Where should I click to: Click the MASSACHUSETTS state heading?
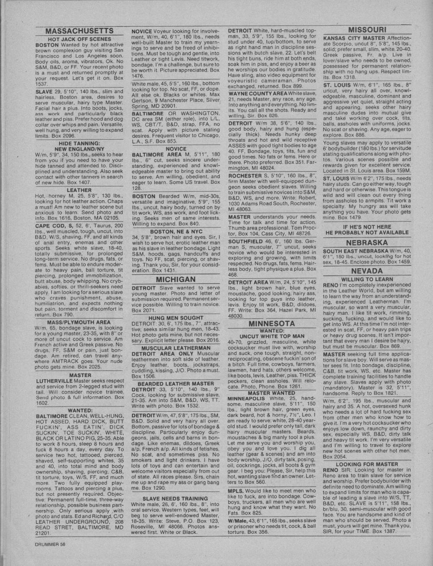(79, 31)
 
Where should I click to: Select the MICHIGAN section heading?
(175, 280)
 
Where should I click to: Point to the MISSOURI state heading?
(367, 29)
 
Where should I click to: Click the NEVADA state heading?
(367, 271)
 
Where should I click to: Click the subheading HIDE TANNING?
(79, 143)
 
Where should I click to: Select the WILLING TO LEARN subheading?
(367, 280)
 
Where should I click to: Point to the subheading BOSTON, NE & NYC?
(175, 231)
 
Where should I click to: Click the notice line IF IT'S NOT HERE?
(367, 227)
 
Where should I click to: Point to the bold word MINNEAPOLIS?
(247, 398)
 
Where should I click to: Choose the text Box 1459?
(399, 262)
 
